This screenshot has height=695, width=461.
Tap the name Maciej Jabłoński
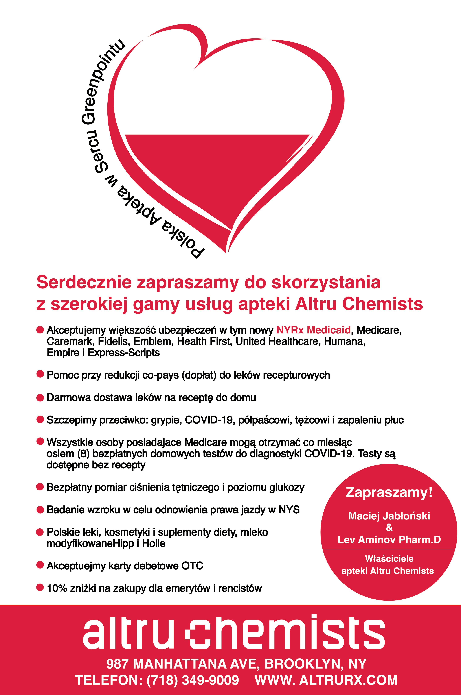coord(389,516)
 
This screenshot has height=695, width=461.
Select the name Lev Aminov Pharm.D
coord(389,540)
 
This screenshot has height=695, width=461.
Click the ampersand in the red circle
coord(389,528)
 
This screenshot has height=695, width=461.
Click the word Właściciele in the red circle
coord(389,558)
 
